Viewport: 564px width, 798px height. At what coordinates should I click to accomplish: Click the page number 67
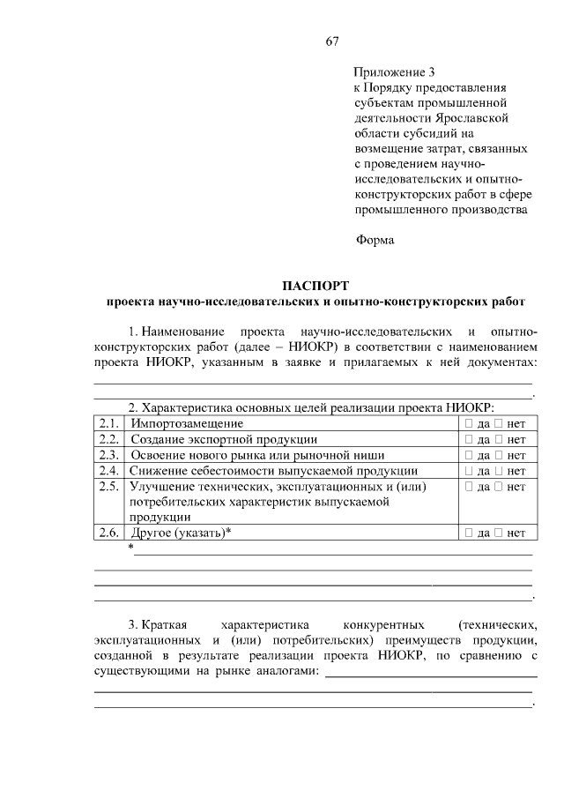331,41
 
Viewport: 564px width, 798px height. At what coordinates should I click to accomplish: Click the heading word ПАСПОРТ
315,286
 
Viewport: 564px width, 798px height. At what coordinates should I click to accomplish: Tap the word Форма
375,239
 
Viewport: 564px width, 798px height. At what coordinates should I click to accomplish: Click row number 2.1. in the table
109,423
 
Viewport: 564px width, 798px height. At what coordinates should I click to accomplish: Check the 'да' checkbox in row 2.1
469,423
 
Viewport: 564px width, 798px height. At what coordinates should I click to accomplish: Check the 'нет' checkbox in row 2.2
499,439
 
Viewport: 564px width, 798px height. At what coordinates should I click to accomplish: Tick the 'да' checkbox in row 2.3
469,455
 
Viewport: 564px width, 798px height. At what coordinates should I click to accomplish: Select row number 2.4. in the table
109,471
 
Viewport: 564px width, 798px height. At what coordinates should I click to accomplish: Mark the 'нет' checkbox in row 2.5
499,487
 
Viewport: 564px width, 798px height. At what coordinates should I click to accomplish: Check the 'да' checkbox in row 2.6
469,533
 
